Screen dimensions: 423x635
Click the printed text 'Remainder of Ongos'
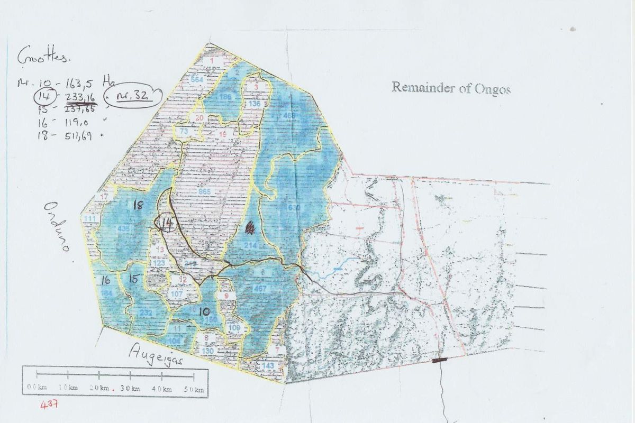pos(451,88)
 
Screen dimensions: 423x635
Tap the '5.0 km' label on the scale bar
pos(195,389)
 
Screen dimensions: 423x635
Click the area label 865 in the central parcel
pos(204,191)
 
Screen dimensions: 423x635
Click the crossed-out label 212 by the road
pos(191,264)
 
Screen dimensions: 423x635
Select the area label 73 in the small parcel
pos(184,131)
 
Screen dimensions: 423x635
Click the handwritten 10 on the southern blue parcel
pos(205,312)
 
